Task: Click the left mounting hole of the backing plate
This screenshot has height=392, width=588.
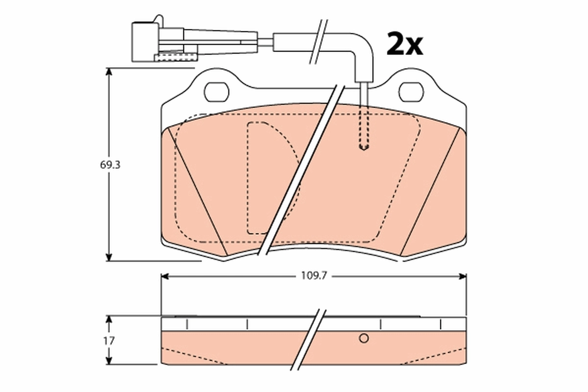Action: coord(216,92)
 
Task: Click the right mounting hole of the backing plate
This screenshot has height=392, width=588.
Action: coord(412,92)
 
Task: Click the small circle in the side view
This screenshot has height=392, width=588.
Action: coord(364,338)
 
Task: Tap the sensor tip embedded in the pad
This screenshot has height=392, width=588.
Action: coord(363,146)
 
